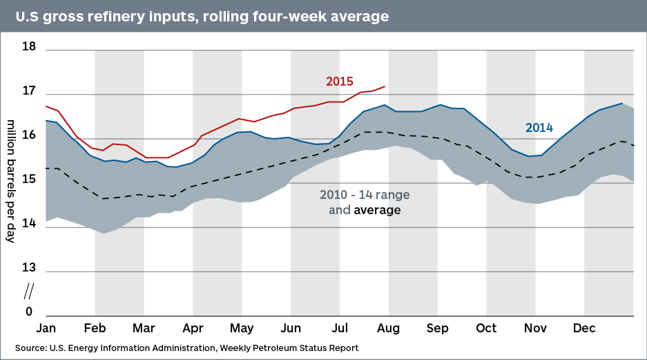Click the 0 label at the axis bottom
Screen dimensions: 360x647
(x=30, y=312)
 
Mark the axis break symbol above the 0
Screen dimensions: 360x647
(x=30, y=289)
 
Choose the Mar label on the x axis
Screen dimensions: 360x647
(x=144, y=328)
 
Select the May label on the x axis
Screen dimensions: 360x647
(x=241, y=328)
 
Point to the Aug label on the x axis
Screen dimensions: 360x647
(x=389, y=328)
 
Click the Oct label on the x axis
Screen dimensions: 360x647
(x=486, y=328)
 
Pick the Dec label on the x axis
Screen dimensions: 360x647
(x=585, y=328)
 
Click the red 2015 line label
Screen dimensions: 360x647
(x=340, y=82)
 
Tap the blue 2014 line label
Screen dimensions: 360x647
(x=539, y=128)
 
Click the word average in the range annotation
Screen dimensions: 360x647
(x=377, y=209)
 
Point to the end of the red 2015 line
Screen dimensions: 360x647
(x=385, y=86)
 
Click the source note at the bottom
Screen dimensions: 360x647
(x=186, y=347)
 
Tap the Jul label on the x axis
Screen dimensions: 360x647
(x=340, y=328)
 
